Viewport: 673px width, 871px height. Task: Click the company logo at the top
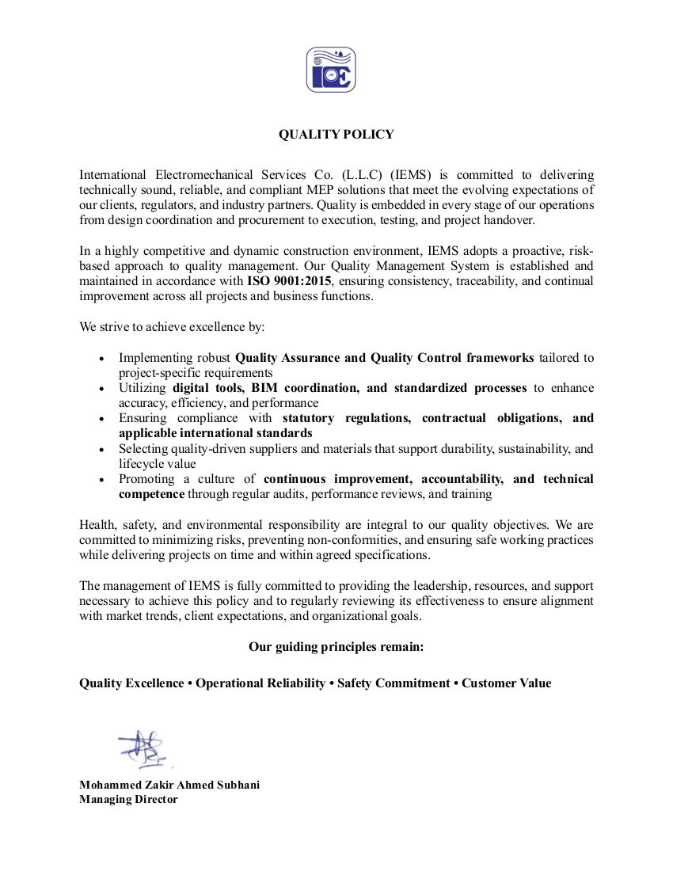pyautogui.click(x=331, y=70)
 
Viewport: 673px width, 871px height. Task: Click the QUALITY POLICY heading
pyautogui.click(x=336, y=135)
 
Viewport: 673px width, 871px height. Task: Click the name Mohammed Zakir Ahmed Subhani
pyautogui.click(x=169, y=785)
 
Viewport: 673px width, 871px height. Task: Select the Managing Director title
pyautogui.click(x=128, y=799)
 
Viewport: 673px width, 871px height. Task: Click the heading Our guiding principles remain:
pyautogui.click(x=336, y=647)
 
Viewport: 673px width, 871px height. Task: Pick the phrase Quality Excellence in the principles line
pyautogui.click(x=131, y=683)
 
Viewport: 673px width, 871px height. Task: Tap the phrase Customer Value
pyautogui.click(x=507, y=683)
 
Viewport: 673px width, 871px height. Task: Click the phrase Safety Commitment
pyautogui.click(x=394, y=683)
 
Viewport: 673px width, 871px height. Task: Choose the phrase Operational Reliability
pyautogui.click(x=260, y=683)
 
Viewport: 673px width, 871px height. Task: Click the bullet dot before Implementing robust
pyautogui.click(x=101, y=359)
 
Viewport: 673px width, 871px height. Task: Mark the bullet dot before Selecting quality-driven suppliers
pyautogui.click(x=101, y=450)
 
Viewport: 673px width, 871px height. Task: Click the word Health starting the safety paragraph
pyautogui.click(x=97, y=525)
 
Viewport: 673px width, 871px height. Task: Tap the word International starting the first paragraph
pyautogui.click(x=112, y=175)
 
